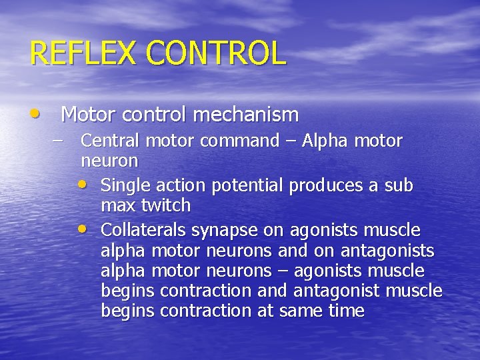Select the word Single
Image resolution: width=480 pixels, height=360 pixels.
click(x=125, y=185)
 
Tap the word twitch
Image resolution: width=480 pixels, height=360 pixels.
click(x=169, y=205)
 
